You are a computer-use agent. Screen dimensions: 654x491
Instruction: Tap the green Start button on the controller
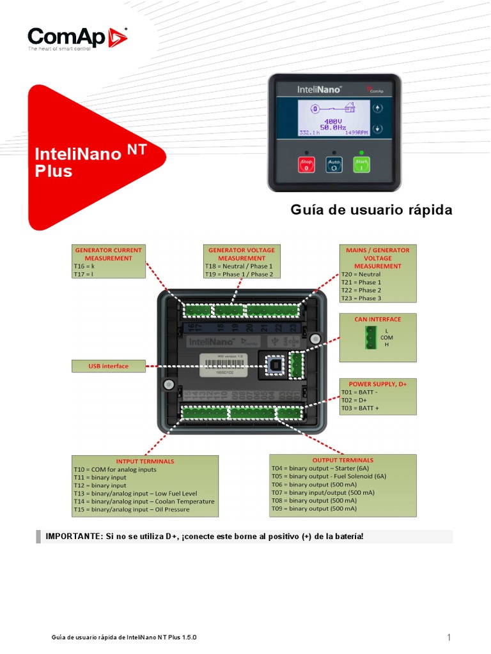point(362,165)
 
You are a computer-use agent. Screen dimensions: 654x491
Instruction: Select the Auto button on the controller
point(334,165)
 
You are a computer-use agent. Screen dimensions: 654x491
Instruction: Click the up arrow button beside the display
point(377,108)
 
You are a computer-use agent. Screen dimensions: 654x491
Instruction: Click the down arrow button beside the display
point(377,128)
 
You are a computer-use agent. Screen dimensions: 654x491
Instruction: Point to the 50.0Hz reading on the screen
point(333,128)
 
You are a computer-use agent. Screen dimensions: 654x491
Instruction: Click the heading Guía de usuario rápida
point(371,210)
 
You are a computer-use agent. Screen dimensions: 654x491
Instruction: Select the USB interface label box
point(108,366)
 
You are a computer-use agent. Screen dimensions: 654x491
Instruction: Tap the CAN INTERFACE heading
point(378,319)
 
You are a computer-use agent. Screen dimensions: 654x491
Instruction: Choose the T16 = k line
point(84,266)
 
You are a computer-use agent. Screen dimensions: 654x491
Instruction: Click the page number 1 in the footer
point(449,637)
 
